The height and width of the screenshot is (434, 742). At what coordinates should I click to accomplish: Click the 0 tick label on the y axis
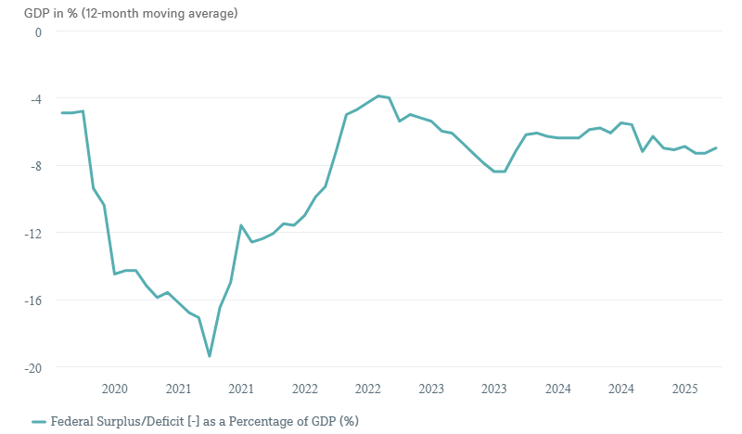[38, 32]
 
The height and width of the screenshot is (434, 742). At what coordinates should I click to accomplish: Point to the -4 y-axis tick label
[35, 98]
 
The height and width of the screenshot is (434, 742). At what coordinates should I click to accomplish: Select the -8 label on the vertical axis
[35, 166]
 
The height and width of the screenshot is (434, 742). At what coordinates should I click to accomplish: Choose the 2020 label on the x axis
[114, 389]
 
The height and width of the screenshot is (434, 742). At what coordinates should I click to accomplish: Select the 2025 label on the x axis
[684, 389]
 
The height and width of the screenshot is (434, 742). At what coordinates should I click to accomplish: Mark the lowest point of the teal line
[210, 356]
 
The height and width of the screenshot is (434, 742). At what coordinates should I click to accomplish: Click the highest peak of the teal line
[378, 96]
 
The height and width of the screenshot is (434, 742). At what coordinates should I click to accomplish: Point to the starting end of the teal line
[62, 113]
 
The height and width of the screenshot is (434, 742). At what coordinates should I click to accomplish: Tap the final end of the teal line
[716, 148]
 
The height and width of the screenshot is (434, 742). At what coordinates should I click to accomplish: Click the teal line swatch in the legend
[38, 421]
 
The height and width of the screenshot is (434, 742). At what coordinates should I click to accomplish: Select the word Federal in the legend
[70, 421]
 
